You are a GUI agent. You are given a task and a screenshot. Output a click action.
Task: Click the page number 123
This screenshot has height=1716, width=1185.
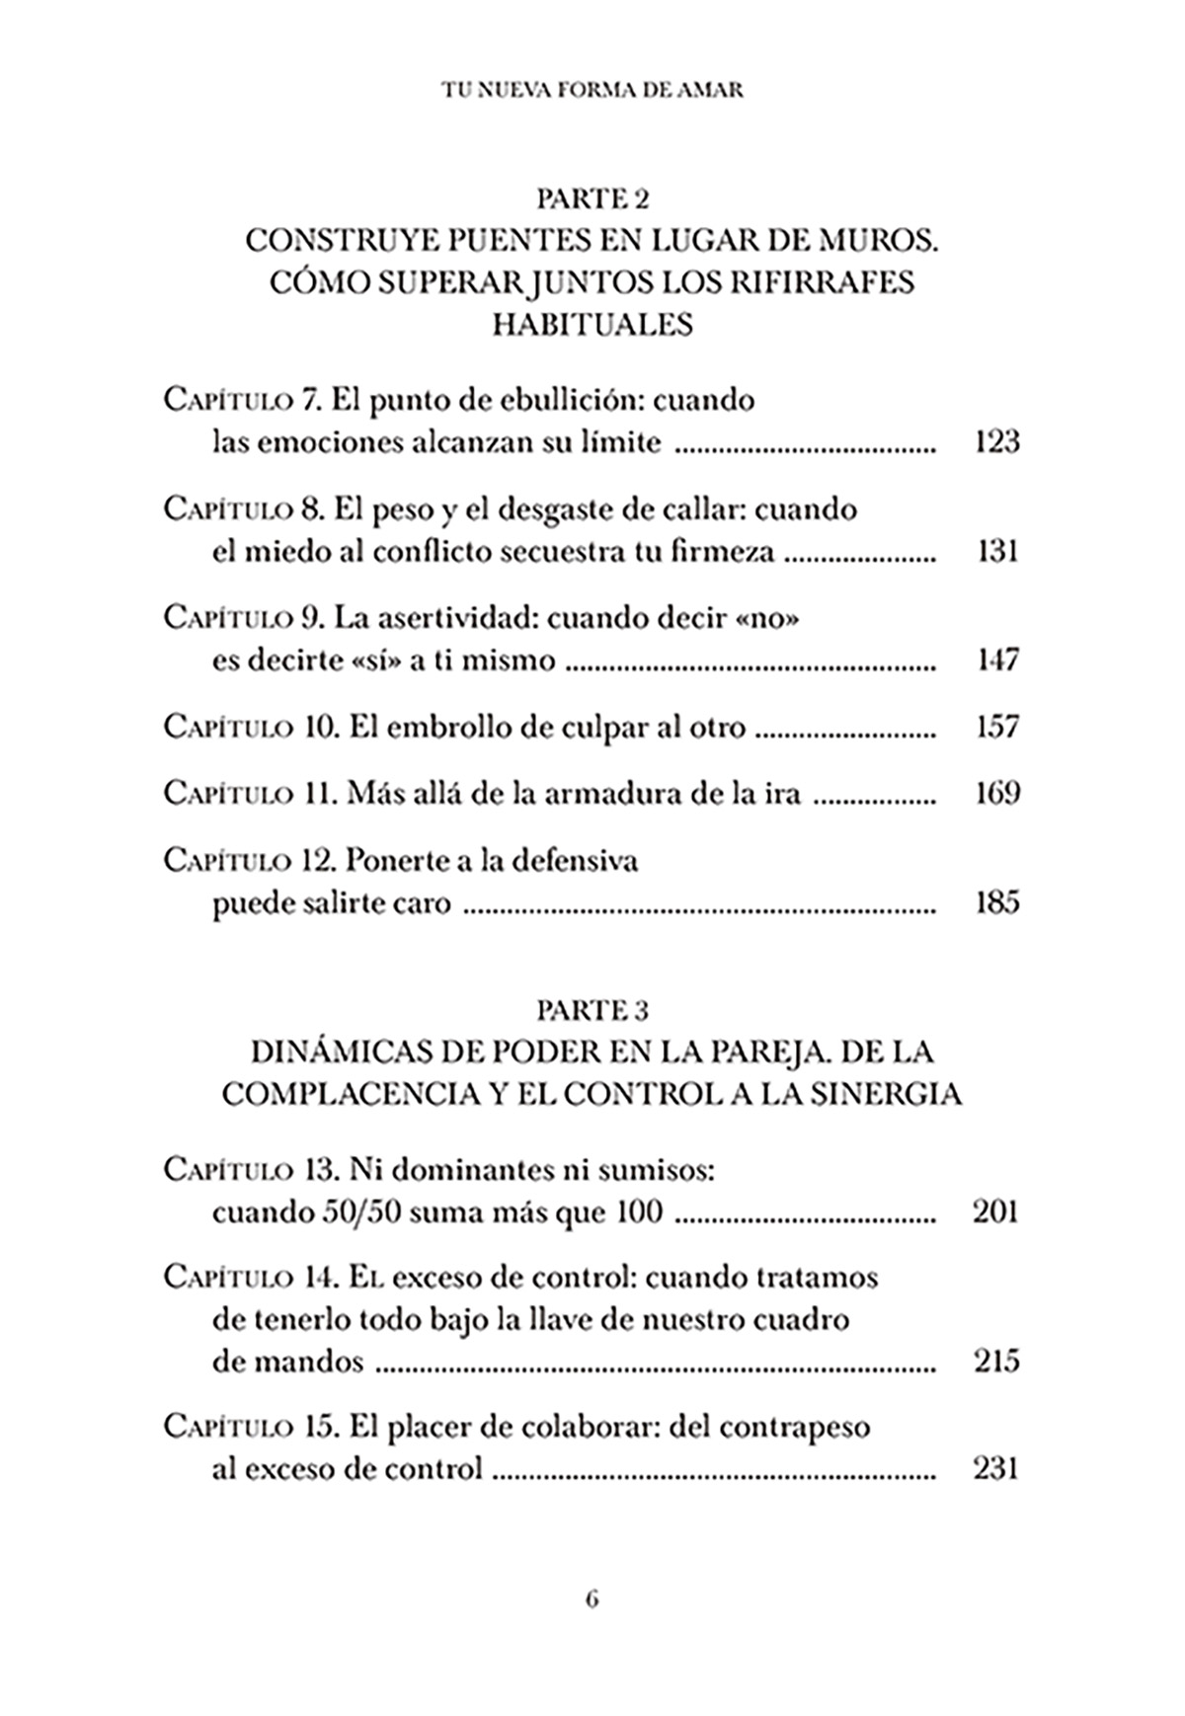(995, 441)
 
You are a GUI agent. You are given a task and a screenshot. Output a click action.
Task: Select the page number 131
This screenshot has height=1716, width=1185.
(997, 551)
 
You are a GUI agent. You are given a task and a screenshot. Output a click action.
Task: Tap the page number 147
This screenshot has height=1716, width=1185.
(996, 660)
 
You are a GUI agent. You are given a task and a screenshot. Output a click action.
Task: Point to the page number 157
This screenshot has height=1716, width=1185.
(996, 727)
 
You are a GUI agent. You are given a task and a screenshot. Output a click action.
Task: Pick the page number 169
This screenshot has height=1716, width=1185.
(996, 793)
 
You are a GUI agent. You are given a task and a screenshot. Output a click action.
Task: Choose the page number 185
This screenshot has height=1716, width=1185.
(996, 902)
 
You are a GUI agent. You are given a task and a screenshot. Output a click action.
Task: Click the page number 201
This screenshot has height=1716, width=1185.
(995, 1210)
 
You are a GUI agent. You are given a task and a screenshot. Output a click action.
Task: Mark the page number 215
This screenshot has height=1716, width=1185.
(995, 1363)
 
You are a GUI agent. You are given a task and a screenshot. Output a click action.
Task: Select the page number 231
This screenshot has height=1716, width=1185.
(995, 1469)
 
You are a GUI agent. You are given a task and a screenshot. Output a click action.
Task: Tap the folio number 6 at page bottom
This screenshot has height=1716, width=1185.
(592, 1599)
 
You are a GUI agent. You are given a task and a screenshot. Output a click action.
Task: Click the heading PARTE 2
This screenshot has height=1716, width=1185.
(592, 199)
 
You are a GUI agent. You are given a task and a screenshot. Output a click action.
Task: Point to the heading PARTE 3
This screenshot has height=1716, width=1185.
(592, 1010)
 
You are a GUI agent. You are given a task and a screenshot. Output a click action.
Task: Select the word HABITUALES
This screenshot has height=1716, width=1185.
(592, 325)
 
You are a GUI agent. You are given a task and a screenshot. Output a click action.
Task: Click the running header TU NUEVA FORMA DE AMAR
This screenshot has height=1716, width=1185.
(592, 90)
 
